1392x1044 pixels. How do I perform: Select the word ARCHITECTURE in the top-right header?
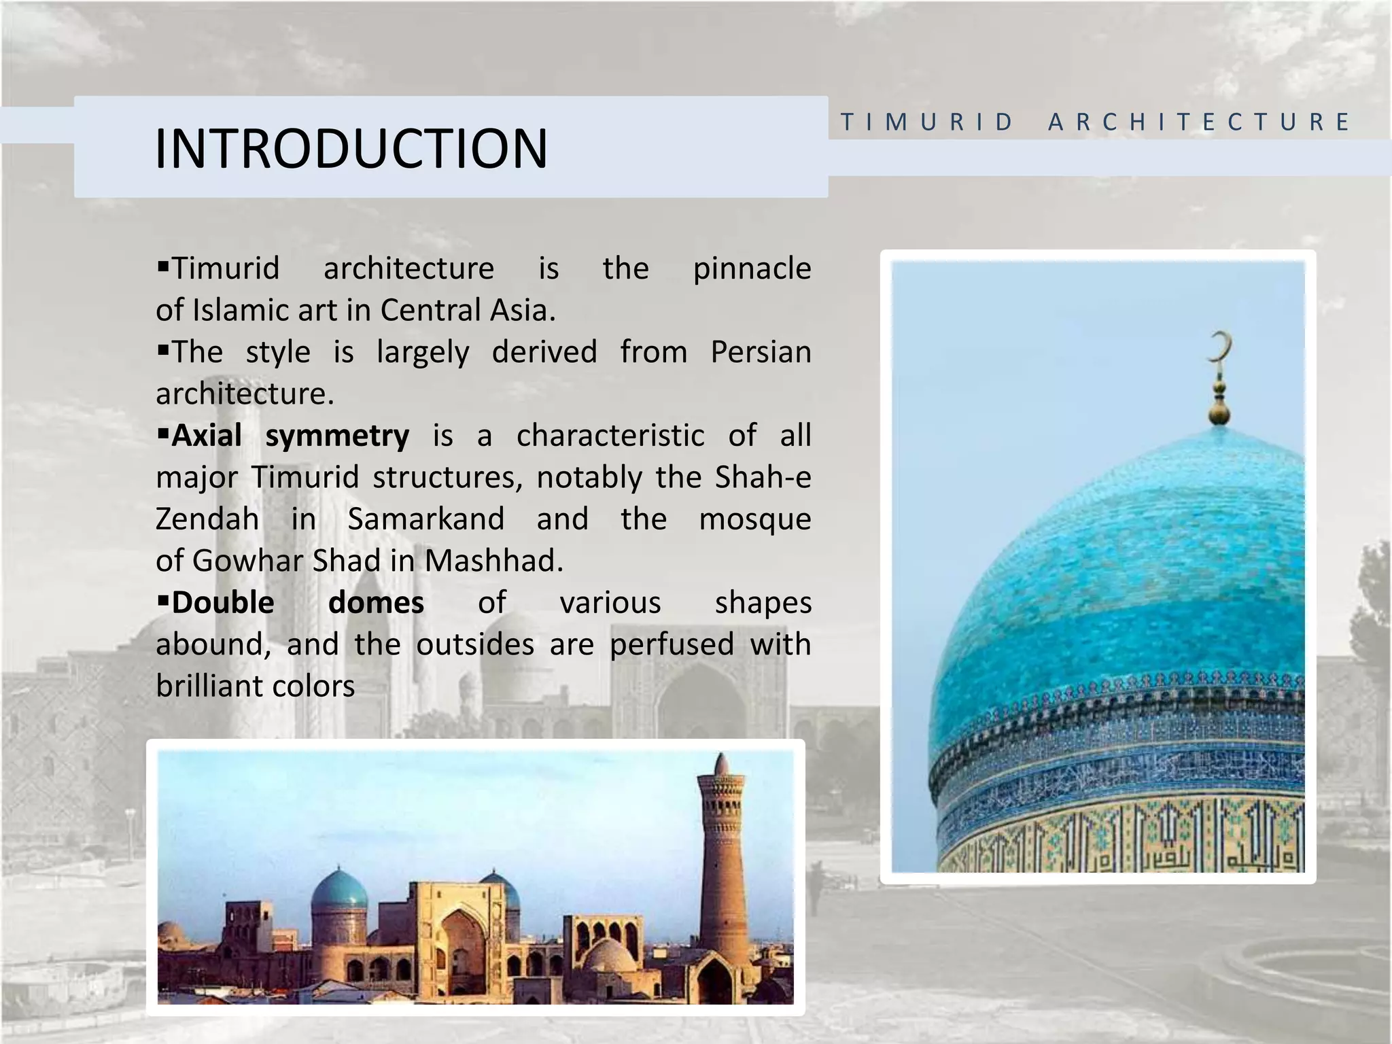(1199, 122)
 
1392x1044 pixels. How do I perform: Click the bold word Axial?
(207, 436)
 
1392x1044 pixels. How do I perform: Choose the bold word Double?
(223, 603)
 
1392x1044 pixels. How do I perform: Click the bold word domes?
(376, 603)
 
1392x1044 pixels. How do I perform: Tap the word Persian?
(761, 352)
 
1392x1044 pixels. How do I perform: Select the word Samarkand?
(426, 519)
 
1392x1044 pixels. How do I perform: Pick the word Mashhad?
(494, 561)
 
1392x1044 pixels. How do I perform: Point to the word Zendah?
(207, 519)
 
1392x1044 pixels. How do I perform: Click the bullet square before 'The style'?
(162, 350)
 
